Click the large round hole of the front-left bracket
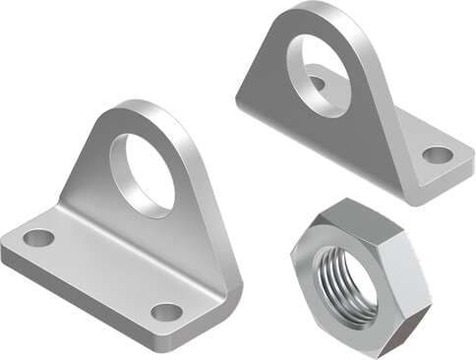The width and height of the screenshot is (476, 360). pos(142,175)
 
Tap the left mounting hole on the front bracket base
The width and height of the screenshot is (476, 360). pos(38,237)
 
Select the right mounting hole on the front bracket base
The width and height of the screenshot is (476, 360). pos(166,312)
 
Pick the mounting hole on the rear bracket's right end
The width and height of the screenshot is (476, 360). pos(438,154)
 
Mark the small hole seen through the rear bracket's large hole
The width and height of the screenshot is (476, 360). pos(320,81)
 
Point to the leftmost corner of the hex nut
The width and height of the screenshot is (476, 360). pos(293,258)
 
